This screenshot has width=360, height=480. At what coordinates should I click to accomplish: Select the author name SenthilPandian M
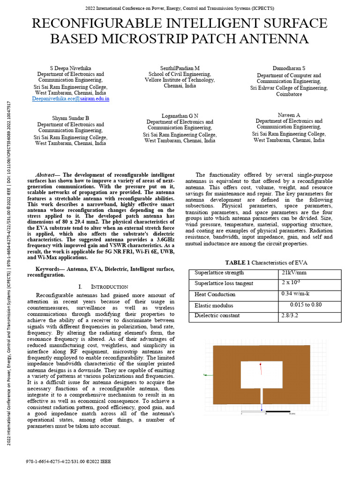click(x=180, y=68)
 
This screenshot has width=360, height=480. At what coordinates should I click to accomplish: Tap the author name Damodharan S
click(x=289, y=68)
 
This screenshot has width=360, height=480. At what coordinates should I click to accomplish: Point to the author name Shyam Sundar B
click(x=71, y=118)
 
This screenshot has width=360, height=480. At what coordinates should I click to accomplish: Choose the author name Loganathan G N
click(x=180, y=115)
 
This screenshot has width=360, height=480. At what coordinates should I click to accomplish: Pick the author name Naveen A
click(x=289, y=115)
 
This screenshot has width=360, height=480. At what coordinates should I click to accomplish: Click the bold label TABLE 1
click(x=238, y=262)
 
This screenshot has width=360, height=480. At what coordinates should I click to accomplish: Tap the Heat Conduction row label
click(x=215, y=294)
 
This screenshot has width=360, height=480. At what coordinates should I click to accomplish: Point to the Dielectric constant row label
click(x=217, y=315)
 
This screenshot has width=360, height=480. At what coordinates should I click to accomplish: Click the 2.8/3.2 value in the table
click(x=290, y=315)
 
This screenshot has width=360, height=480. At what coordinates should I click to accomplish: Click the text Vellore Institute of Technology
click(x=180, y=80)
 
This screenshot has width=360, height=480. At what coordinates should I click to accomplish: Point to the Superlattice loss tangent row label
click(x=224, y=283)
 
